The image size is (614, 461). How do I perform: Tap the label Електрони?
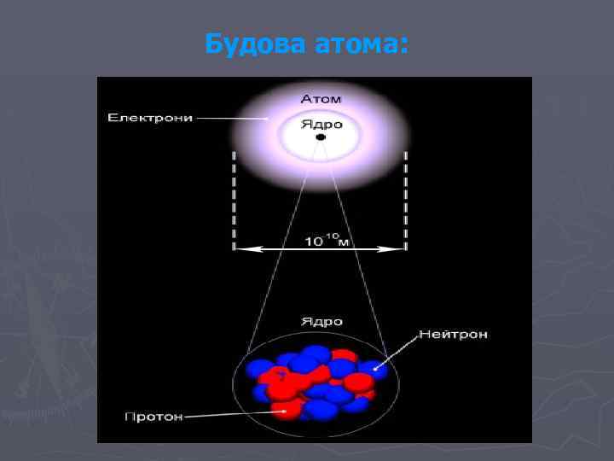[150, 117]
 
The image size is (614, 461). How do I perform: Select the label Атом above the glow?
[321, 100]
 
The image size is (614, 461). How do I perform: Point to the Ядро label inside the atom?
[321, 125]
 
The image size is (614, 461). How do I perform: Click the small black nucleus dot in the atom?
[321, 137]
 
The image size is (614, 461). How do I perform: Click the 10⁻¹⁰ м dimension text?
[327, 241]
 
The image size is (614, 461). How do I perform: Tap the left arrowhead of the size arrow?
[240, 249]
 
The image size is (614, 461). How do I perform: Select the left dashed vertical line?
[234, 201]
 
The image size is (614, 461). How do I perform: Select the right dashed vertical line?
[405, 201]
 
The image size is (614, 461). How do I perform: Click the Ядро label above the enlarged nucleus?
[321, 322]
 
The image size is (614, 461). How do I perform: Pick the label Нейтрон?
[453, 335]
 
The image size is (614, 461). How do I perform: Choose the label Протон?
[154, 417]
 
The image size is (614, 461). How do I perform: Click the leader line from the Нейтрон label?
[397, 353]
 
